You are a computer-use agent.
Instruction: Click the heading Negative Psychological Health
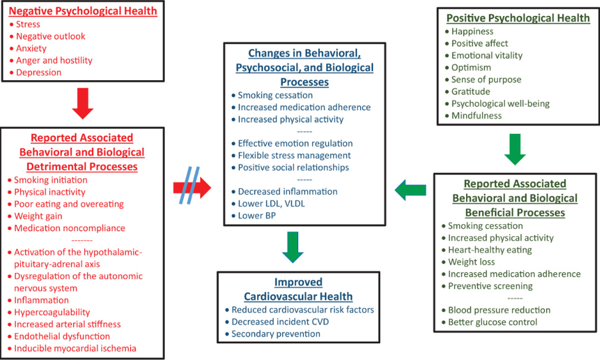tap(83, 12)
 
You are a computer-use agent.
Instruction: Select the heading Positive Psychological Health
tap(517, 18)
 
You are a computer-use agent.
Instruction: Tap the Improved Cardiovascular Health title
tap(299, 289)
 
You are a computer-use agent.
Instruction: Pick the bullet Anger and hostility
tap(54, 60)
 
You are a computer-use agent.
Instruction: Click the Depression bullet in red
tap(38, 72)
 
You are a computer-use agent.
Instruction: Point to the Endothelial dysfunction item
tap(62, 336)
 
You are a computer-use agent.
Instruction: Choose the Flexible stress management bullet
tap(294, 155)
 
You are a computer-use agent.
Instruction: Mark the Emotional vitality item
tap(487, 55)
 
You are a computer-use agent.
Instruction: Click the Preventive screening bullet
tap(490, 286)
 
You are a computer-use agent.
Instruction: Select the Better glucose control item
tap(492, 322)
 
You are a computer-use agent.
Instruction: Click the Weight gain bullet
tap(39, 216)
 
